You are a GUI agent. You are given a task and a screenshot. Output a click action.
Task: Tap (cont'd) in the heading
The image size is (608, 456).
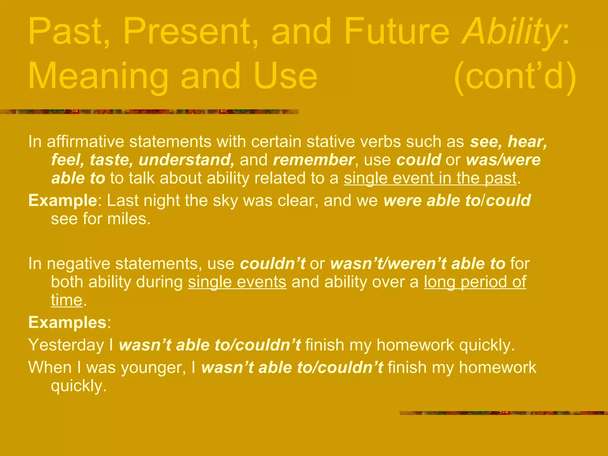point(515,77)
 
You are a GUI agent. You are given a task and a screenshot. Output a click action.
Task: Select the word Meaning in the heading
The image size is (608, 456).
point(98,77)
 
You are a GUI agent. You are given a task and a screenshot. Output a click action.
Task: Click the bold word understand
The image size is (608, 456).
point(186,160)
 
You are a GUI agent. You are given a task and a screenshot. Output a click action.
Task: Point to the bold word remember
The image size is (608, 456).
point(313,160)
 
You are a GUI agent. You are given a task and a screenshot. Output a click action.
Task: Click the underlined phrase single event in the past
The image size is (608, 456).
point(430,178)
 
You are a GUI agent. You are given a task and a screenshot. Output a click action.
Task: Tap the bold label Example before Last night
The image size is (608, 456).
point(62,200)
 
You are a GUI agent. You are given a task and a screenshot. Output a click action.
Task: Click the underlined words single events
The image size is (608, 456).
point(237,282)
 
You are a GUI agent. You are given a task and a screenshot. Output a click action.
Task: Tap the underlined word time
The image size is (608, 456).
point(66,300)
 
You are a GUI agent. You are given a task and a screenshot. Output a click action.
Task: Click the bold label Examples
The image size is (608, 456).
point(67,322)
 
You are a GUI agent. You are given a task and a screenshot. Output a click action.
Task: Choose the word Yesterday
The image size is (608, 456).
point(66,345)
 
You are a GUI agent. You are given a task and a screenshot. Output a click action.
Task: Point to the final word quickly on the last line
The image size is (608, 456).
point(78,386)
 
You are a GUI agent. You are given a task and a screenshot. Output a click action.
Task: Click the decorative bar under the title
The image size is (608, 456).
point(148,112)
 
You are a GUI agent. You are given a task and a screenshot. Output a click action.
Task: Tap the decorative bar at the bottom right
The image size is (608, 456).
point(503,413)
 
